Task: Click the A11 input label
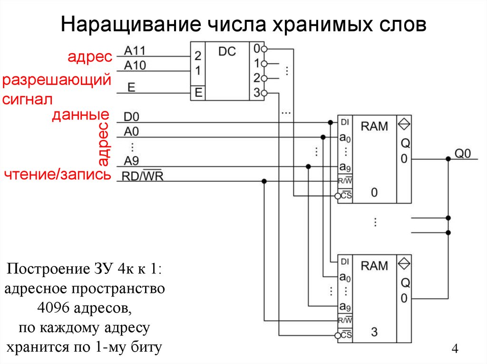(x=135, y=50)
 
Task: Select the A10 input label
(x=135, y=65)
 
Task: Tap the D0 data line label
(x=132, y=117)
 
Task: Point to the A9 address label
(x=132, y=160)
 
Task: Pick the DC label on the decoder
(x=226, y=51)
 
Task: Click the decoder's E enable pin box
(x=197, y=93)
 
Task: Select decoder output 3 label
(x=256, y=93)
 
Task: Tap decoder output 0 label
(x=256, y=49)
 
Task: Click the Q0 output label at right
(x=463, y=153)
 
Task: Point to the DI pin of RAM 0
(x=345, y=122)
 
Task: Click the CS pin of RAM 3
(x=345, y=335)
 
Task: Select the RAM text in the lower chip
(x=374, y=265)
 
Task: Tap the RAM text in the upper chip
(x=374, y=126)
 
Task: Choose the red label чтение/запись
(x=57, y=175)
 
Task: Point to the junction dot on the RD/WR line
(x=264, y=181)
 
